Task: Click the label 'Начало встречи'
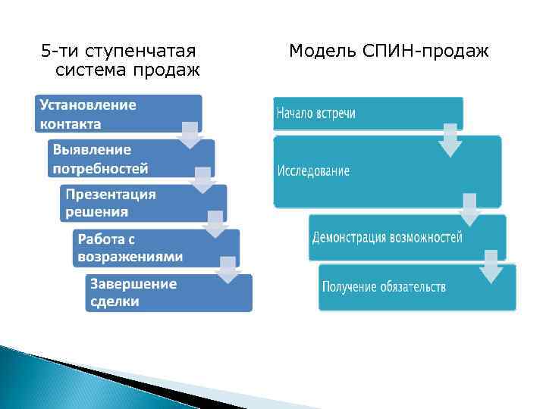[x=315, y=114]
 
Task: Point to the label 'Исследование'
[x=313, y=171]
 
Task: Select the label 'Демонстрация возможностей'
[x=387, y=238]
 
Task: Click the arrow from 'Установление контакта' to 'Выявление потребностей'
[x=190, y=134]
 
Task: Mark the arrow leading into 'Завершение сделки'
[x=227, y=270]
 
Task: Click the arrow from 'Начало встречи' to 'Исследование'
[x=450, y=140]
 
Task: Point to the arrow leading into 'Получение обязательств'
[x=491, y=267]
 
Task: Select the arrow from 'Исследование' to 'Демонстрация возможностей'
[x=470, y=209]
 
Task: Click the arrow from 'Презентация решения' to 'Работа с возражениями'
[x=215, y=225]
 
